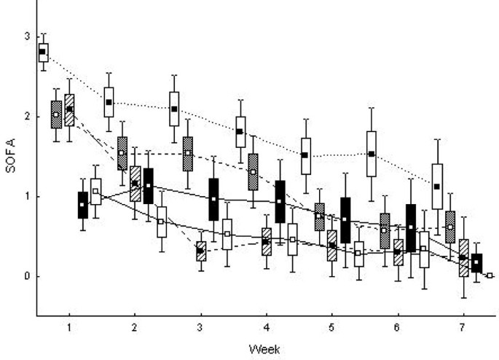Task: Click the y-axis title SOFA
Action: pyautogui.click(x=10, y=156)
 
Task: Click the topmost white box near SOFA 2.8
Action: pyautogui.click(x=43, y=52)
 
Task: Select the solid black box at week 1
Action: pyautogui.click(x=82, y=205)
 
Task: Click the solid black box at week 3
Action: pyautogui.click(x=213, y=199)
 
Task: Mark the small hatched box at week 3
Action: pyautogui.click(x=200, y=251)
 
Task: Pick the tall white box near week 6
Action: pyautogui.click(x=372, y=154)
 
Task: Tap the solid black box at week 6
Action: pyautogui.click(x=411, y=227)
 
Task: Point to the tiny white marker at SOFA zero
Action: pyautogui.click(x=490, y=275)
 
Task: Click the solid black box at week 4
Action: pyautogui.click(x=280, y=201)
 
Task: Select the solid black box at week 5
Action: pyautogui.click(x=345, y=220)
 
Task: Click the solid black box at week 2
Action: pyautogui.click(x=148, y=186)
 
